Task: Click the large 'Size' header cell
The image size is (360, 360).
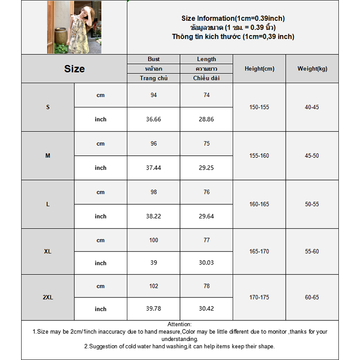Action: click(x=74, y=69)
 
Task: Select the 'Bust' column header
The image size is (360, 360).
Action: click(x=153, y=59)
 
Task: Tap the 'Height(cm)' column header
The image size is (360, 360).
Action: click(x=259, y=69)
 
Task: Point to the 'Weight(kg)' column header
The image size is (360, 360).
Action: click(x=312, y=69)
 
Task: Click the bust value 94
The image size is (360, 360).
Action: click(x=153, y=95)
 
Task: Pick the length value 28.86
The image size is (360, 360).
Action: click(x=207, y=119)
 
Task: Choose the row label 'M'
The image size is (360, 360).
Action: click(x=48, y=156)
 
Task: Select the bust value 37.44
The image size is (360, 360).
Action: click(x=153, y=168)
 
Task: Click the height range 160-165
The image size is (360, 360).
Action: click(x=259, y=204)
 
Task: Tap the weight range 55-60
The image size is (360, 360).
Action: click(x=312, y=251)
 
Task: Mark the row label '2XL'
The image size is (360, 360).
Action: click(x=48, y=297)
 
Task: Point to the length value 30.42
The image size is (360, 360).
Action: click(x=207, y=309)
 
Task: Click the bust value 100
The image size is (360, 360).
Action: click(x=153, y=240)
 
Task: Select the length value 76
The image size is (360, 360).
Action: click(x=207, y=192)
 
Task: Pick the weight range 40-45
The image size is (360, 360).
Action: click(x=312, y=107)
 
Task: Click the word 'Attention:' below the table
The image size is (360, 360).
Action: click(x=180, y=324)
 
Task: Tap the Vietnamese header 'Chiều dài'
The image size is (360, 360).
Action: click(x=207, y=78)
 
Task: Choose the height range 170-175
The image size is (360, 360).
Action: click(x=259, y=297)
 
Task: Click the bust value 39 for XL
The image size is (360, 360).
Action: click(x=153, y=263)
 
